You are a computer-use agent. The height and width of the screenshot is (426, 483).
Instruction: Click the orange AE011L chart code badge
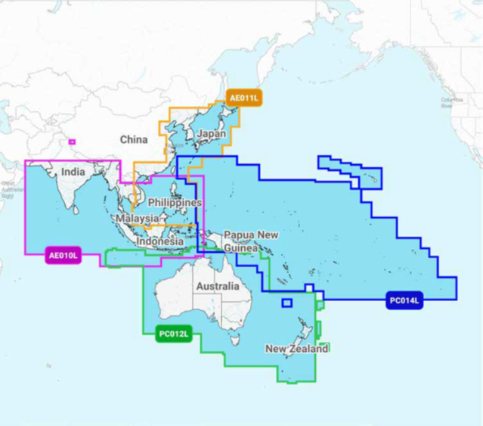(x=244, y=98)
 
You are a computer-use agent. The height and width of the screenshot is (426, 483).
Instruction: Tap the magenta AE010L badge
(x=63, y=256)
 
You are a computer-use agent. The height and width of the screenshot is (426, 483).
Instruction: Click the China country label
(x=134, y=139)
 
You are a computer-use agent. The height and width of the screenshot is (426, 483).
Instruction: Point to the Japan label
(x=211, y=134)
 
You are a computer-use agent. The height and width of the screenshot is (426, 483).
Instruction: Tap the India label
(x=73, y=172)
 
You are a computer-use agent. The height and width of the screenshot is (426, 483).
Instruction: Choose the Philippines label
(x=175, y=203)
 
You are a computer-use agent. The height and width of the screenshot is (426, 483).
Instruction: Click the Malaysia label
(x=137, y=219)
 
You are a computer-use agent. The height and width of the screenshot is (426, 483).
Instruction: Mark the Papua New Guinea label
(x=251, y=241)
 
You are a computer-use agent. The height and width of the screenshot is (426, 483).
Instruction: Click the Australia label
(x=217, y=286)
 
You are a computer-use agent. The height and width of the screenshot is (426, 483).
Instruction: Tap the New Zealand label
(x=296, y=349)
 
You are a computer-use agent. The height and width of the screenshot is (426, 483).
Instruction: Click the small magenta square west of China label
(x=73, y=141)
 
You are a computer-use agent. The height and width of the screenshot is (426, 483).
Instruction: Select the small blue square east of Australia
(x=286, y=303)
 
